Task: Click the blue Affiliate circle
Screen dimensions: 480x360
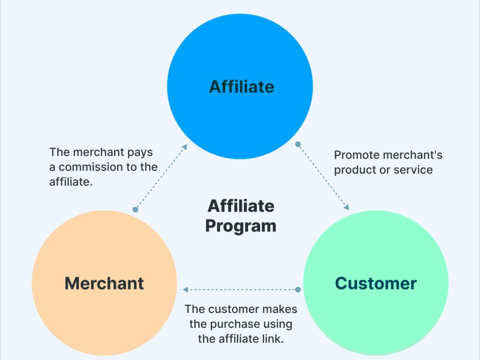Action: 240,86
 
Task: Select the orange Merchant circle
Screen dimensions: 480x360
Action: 104,283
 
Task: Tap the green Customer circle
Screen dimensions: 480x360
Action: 376,283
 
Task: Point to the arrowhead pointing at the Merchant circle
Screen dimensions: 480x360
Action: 185,289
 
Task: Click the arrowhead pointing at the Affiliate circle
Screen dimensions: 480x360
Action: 185,147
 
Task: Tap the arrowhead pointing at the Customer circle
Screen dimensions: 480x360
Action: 346,207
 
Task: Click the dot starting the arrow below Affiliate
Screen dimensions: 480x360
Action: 298,144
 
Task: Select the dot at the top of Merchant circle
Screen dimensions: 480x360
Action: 135,209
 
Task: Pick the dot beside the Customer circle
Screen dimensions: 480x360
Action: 298,289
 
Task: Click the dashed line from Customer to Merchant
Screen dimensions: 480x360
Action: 242,289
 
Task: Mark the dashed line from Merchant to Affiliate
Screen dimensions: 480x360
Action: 160,179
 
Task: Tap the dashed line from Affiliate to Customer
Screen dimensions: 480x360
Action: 322,176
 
